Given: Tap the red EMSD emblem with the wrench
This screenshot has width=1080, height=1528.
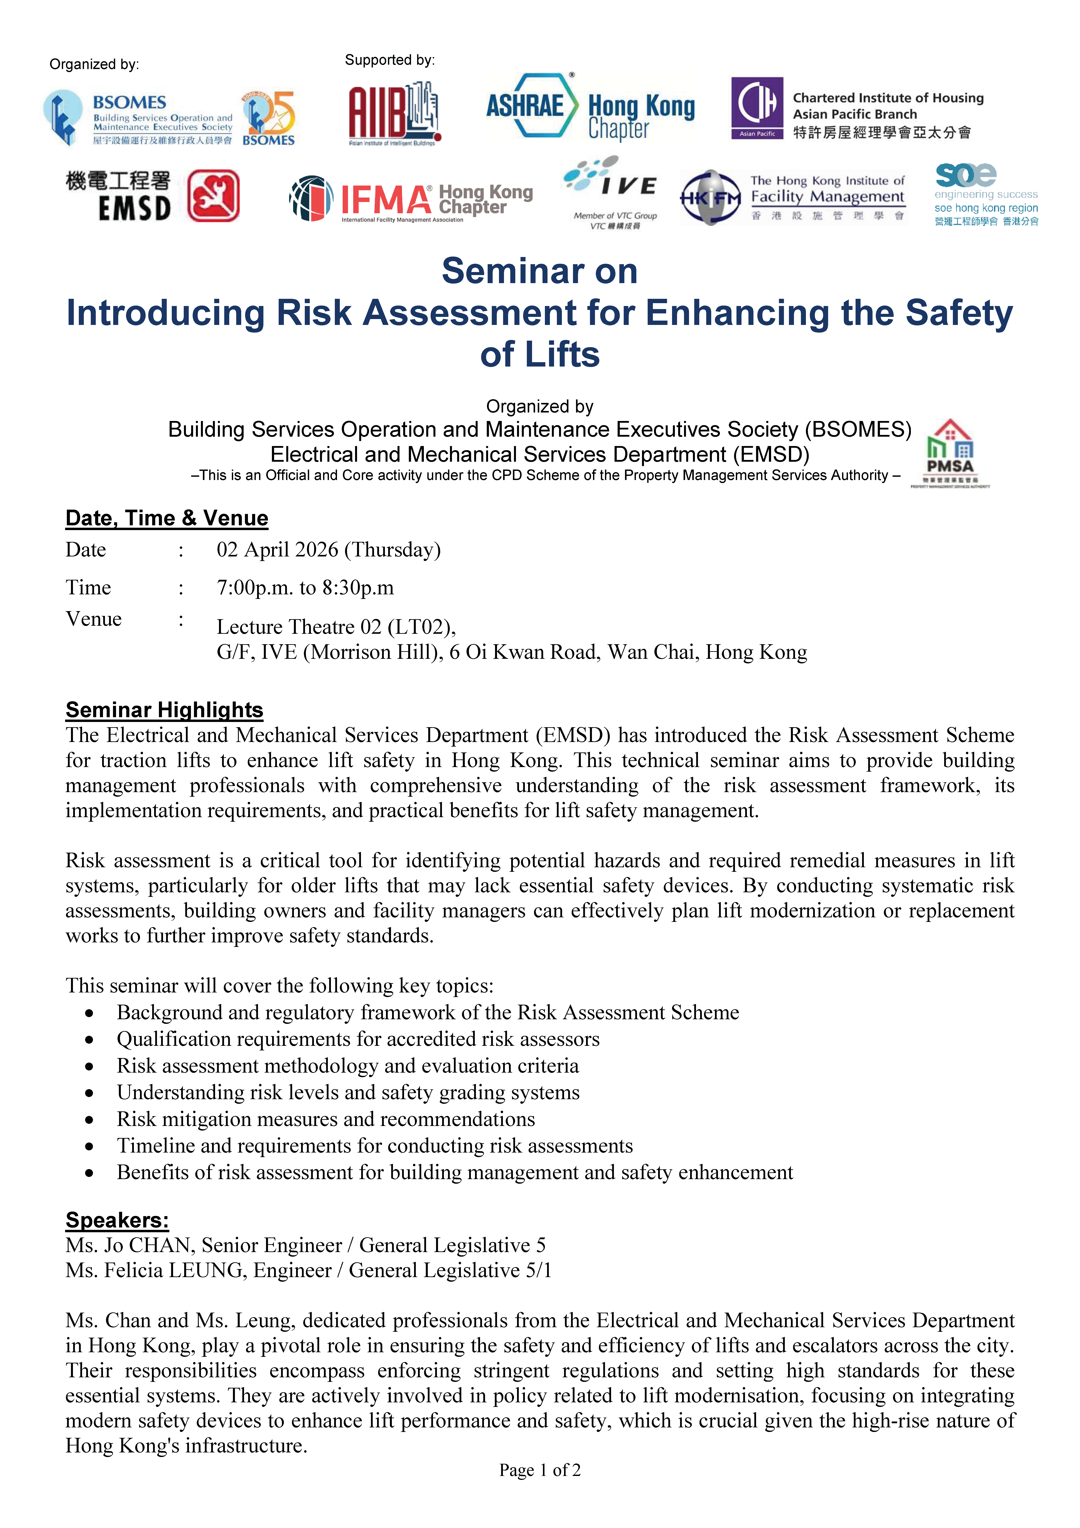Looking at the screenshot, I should coord(213,196).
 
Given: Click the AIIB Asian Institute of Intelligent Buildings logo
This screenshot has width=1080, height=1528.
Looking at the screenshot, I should coord(394,113).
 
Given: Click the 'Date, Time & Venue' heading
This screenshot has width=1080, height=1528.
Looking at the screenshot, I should coord(166,518).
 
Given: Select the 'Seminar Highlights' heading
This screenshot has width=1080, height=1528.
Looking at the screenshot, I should coord(164,709).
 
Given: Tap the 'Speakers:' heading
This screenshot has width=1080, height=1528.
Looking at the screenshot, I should coord(117,1220).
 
